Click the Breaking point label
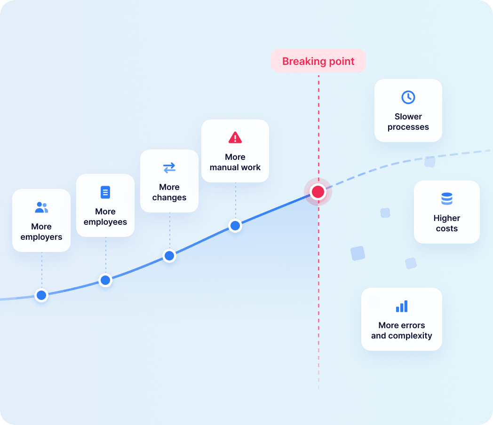[318, 61]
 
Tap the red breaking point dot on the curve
[318, 192]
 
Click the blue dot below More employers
[41, 295]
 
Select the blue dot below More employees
[105, 280]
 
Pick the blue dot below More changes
[169, 256]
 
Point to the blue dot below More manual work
[235, 226]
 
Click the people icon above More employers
[41, 207]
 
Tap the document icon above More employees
[105, 192]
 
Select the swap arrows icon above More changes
[169, 168]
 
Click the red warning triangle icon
[235, 138]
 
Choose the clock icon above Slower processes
[408, 97]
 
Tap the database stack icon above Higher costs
[447, 198]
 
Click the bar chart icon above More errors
[402, 306]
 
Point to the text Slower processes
[408, 122]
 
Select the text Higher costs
[447, 223]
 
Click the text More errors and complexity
[402, 331]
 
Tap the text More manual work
[235, 162]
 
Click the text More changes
[169, 192]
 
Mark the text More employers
[41, 232]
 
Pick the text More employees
[105, 217]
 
